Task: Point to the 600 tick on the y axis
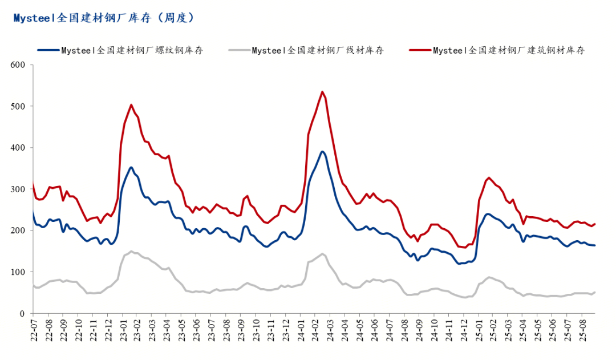pos(18,65)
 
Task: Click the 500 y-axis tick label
pos(18,107)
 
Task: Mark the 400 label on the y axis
pos(18,148)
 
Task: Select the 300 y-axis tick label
pos(18,189)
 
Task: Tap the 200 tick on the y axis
pos(18,230)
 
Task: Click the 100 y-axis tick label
pos(18,272)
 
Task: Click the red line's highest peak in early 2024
pos(322,91)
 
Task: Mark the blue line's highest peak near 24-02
pos(322,151)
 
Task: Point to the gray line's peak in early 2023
pos(131,251)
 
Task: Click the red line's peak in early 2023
pos(131,104)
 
